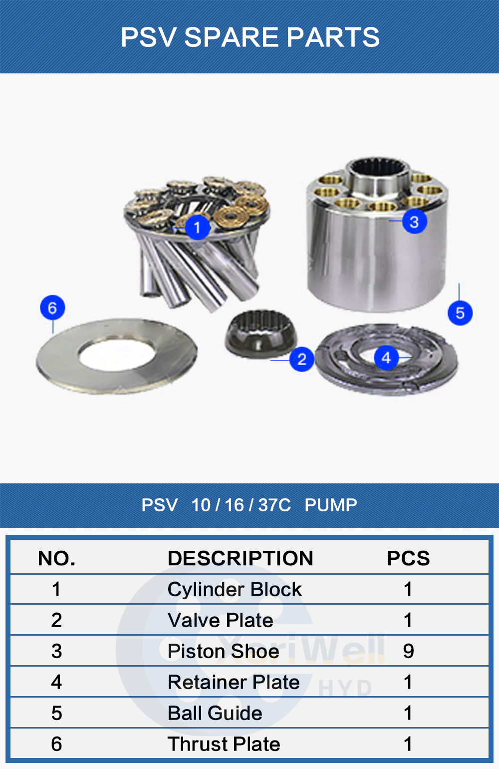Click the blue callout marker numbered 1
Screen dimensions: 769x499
197,227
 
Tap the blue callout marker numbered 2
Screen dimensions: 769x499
301,359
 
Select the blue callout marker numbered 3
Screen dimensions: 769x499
414,221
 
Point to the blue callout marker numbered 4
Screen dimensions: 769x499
386,358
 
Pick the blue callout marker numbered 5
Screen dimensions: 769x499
460,313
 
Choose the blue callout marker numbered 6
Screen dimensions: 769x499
52,308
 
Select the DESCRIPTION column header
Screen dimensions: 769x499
240,558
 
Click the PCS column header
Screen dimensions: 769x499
408,558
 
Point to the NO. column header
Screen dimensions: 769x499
56,558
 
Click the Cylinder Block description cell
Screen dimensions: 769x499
235,589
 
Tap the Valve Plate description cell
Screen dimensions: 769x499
220,620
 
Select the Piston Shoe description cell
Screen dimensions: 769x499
223,651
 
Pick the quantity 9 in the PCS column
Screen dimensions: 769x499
408,651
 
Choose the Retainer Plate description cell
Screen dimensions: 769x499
234,682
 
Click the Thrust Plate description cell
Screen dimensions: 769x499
224,744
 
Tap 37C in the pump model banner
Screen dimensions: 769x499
274,505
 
